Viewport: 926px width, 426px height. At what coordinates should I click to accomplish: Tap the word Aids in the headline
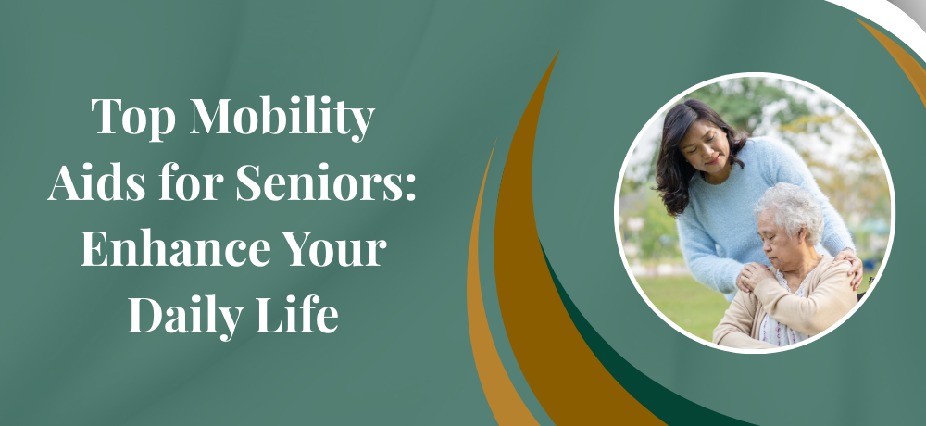(x=97, y=182)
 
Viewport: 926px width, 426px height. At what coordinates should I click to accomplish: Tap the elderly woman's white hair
(x=790, y=209)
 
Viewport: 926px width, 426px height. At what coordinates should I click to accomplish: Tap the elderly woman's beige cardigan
(x=785, y=307)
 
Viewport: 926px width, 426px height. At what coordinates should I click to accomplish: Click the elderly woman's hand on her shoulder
(x=752, y=275)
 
